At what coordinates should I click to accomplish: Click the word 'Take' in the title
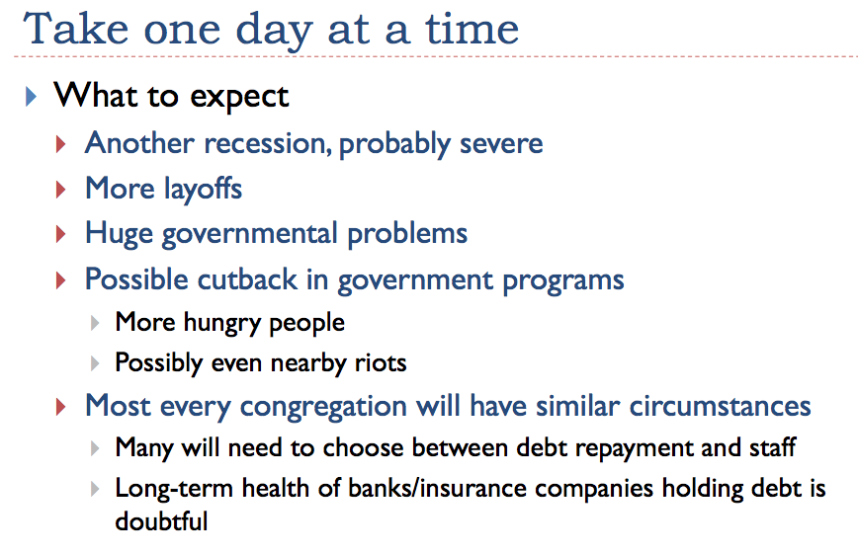(75, 29)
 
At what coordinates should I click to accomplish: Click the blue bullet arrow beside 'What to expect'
(31, 97)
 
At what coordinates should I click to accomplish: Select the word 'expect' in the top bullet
(239, 98)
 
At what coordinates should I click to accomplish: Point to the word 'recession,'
(268, 144)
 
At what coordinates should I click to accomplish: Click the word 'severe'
(501, 144)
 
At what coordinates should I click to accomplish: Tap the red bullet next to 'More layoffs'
(60, 190)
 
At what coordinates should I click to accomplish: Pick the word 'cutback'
(247, 278)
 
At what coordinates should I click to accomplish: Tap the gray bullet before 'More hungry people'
(95, 323)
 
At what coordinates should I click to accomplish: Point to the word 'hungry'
(222, 323)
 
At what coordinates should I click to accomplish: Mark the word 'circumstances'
(720, 406)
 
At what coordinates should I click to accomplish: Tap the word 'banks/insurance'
(438, 488)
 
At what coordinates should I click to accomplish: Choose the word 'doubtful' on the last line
(161, 521)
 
